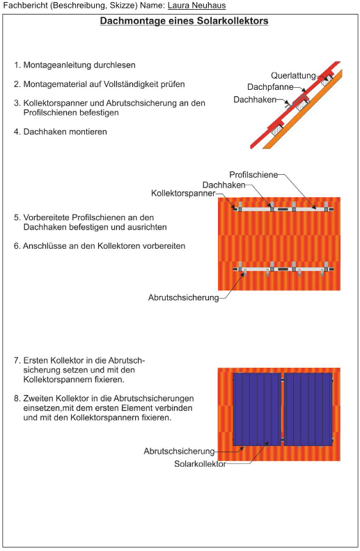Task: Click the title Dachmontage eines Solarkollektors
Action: [x=184, y=21]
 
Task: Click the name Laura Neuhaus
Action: [x=196, y=6]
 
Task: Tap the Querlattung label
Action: [x=293, y=75]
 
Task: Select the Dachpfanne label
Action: [x=270, y=87]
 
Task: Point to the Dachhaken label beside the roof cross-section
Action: [x=255, y=100]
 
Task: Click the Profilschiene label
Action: [x=253, y=175]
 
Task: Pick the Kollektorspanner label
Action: [x=183, y=193]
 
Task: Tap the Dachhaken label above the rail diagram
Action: [x=224, y=185]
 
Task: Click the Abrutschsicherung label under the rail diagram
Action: [x=183, y=297]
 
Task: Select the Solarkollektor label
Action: [x=201, y=464]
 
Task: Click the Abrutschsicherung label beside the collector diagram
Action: [x=179, y=451]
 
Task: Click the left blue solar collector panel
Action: [x=257, y=410]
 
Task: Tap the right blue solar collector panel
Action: [x=308, y=410]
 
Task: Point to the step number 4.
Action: [x=16, y=132]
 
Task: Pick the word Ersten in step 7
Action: [x=36, y=361]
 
